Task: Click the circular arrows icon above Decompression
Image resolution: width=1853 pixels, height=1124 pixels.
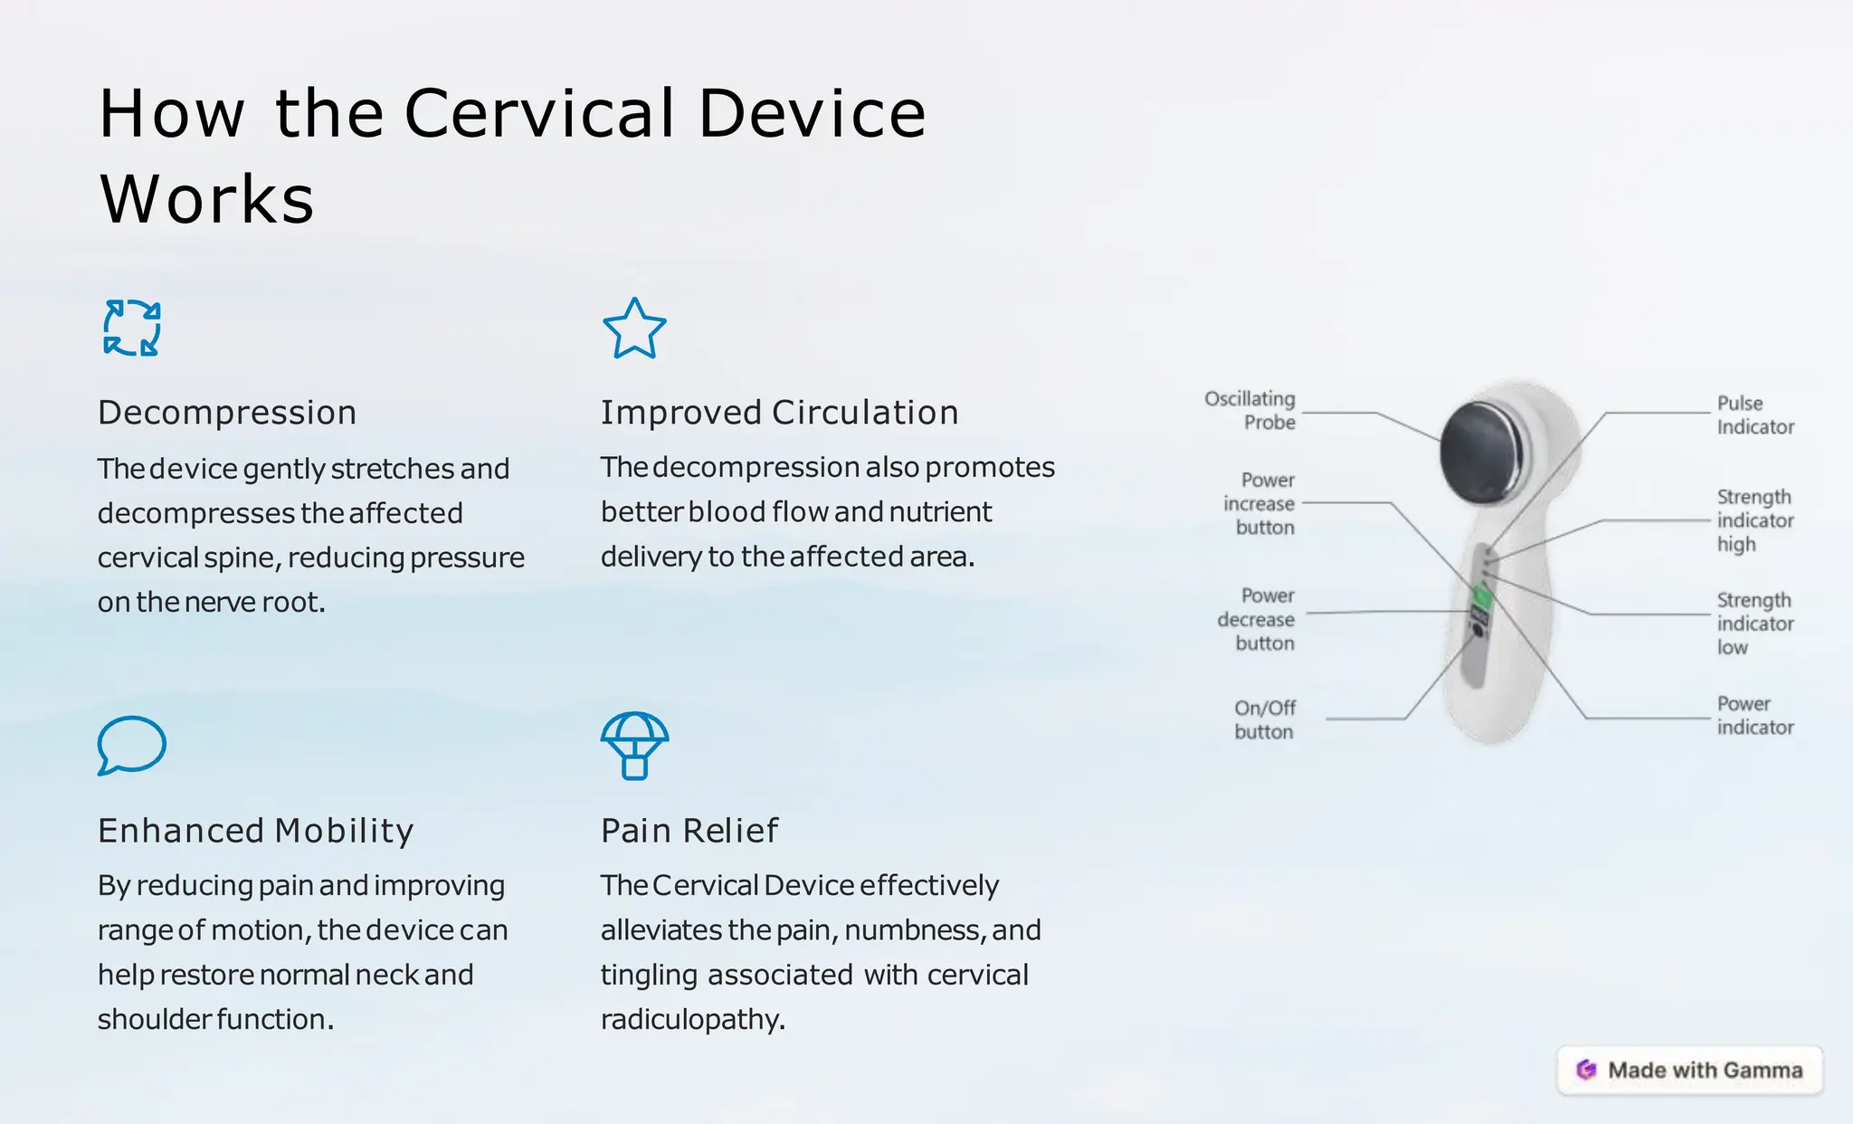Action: tap(132, 328)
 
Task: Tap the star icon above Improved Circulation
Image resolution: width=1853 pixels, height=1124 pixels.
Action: tap(634, 329)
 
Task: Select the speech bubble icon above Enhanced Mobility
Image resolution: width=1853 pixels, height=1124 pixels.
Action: tap(131, 745)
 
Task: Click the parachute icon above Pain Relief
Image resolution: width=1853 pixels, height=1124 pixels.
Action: tap(634, 745)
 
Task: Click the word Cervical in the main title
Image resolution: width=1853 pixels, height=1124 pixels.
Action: tap(539, 114)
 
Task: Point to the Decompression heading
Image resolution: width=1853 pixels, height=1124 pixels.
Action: tap(227, 413)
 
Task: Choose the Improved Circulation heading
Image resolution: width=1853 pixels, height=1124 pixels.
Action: tap(779, 413)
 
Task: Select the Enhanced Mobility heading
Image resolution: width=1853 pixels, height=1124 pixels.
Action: tap(256, 831)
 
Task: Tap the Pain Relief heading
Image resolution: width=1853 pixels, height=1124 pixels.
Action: tap(689, 831)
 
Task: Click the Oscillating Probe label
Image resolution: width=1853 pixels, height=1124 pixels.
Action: tap(1251, 411)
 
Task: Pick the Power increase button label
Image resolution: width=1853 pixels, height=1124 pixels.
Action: tap(1260, 504)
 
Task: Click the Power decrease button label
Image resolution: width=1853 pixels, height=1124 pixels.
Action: tap(1258, 620)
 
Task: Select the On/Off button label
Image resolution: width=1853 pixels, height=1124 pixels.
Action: tap(1265, 720)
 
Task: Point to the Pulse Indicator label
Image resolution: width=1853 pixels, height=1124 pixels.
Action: tap(1753, 415)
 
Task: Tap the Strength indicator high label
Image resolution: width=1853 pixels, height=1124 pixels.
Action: tap(1753, 520)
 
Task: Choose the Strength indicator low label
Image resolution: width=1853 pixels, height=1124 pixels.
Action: tap(1753, 624)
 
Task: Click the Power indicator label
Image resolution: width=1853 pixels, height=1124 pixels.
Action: tap(1753, 716)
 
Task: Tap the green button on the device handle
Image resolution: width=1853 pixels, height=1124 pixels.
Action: tap(1481, 596)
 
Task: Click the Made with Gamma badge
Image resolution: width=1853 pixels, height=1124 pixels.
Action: tap(1689, 1071)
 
